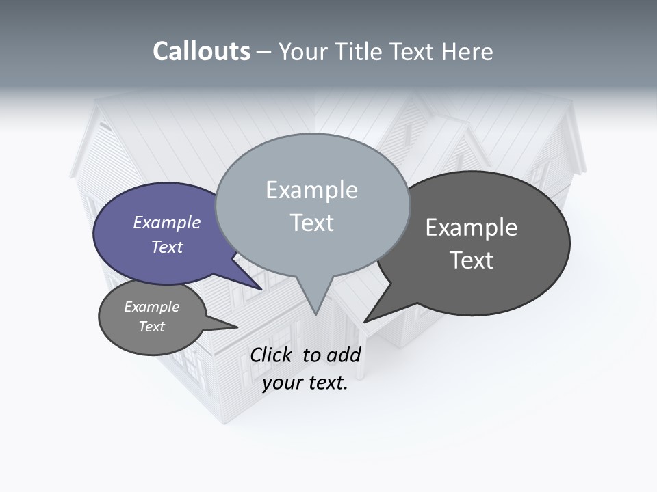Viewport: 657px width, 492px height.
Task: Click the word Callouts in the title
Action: [201, 51]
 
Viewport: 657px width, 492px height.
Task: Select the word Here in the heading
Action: [468, 51]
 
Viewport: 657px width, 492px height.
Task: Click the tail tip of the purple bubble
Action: [261, 288]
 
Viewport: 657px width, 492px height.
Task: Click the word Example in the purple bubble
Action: [167, 223]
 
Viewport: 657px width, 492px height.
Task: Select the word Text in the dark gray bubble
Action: [472, 260]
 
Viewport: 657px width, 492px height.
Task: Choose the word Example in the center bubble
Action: [312, 190]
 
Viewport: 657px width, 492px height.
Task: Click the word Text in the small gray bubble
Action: [152, 327]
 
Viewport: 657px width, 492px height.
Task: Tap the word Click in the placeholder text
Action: [271, 355]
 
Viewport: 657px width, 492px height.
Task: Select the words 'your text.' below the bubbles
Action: [305, 383]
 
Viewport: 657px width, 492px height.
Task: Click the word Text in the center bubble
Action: [312, 223]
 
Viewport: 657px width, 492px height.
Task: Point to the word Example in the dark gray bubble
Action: [472, 227]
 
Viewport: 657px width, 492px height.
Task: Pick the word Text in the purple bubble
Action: [167, 247]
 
